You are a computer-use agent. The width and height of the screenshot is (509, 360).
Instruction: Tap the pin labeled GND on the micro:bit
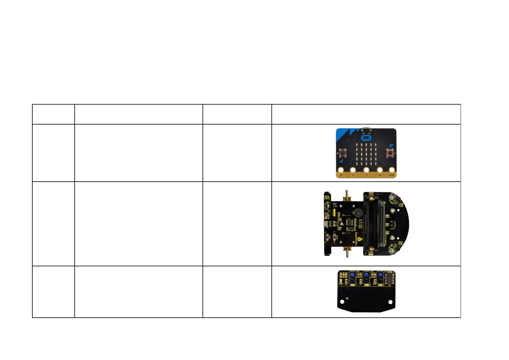(x=392, y=170)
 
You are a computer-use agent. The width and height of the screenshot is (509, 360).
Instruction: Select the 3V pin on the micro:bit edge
(x=380, y=170)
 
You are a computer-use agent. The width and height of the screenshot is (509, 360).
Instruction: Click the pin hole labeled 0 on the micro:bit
(x=341, y=170)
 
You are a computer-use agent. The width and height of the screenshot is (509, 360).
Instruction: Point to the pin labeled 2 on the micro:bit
(x=366, y=170)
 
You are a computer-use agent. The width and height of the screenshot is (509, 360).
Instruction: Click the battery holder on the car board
(x=372, y=224)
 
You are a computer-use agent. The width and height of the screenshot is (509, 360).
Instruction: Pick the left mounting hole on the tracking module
(x=342, y=302)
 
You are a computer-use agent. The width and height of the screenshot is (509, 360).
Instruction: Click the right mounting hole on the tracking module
(x=390, y=302)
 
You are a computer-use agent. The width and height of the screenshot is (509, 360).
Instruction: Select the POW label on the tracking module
(x=341, y=284)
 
